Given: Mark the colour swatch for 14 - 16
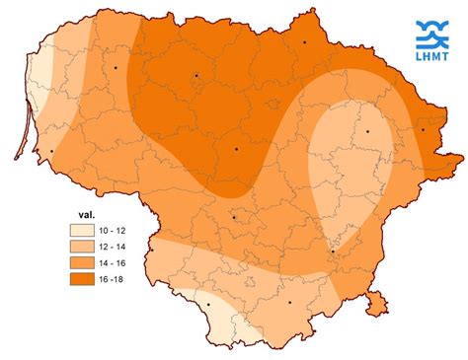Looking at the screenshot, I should point(82,263).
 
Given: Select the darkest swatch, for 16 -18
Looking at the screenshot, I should point(82,282).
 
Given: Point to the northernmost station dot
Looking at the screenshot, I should point(305,42).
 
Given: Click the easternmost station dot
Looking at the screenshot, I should point(423,129).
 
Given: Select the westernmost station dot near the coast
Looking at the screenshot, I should point(50,151).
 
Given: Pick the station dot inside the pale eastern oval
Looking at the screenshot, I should point(367,130).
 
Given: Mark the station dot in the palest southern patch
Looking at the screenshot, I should point(209,305).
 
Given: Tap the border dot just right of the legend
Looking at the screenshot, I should point(152,251).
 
